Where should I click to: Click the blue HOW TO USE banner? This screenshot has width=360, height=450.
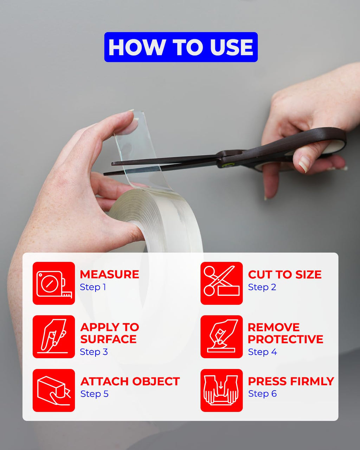[x=181, y=47]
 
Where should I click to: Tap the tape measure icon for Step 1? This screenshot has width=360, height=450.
[x=54, y=283]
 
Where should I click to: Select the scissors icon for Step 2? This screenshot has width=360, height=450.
[x=221, y=283]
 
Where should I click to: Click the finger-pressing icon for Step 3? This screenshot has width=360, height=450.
[x=54, y=337]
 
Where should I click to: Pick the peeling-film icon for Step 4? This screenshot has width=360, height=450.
[x=221, y=337]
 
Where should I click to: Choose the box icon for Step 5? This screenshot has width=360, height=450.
[x=54, y=391]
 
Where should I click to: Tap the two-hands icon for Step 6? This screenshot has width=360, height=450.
[x=221, y=391]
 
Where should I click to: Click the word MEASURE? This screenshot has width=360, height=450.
[x=109, y=274]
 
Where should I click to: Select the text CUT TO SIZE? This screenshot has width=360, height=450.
[x=284, y=274]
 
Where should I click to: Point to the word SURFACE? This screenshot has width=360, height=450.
[x=108, y=339]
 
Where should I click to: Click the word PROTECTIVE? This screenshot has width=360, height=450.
[x=285, y=339]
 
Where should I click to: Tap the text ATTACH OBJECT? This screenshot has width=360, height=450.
[x=130, y=381]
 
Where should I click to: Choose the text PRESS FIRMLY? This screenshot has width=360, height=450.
[x=291, y=381]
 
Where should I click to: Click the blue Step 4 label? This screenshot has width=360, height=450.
[x=262, y=352]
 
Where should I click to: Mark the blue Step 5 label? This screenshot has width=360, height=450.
[x=95, y=394]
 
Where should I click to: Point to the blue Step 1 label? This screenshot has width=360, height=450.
[x=93, y=287]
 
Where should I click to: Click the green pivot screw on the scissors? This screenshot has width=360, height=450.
[x=225, y=165]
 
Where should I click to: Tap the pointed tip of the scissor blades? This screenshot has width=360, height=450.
[x=104, y=174]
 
